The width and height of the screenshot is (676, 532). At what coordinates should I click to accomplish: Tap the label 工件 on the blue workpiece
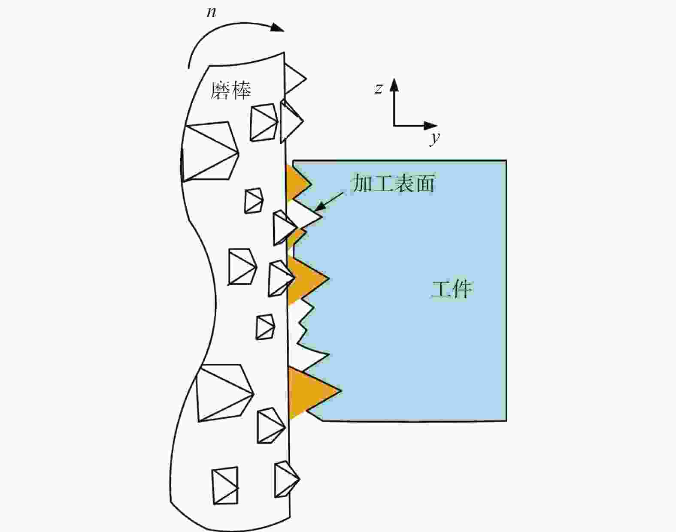click(x=452, y=290)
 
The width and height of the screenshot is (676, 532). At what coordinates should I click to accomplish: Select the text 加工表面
click(x=394, y=183)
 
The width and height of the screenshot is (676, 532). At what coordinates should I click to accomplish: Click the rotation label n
click(x=212, y=12)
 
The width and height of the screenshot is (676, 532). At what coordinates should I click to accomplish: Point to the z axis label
click(x=379, y=88)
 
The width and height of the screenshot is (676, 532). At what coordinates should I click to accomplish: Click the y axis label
click(x=435, y=138)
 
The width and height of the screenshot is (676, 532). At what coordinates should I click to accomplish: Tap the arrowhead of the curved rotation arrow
click(x=277, y=27)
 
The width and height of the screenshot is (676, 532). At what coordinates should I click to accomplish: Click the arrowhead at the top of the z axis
click(x=394, y=85)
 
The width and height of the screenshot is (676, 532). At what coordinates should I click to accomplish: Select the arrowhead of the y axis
click(x=430, y=126)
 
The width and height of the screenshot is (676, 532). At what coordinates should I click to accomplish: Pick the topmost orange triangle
click(x=297, y=183)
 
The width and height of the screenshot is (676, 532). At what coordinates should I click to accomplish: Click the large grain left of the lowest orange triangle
click(x=225, y=393)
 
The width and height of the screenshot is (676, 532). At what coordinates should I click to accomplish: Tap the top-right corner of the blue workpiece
click(x=506, y=161)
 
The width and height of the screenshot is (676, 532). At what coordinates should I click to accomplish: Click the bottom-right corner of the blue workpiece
click(x=506, y=421)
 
